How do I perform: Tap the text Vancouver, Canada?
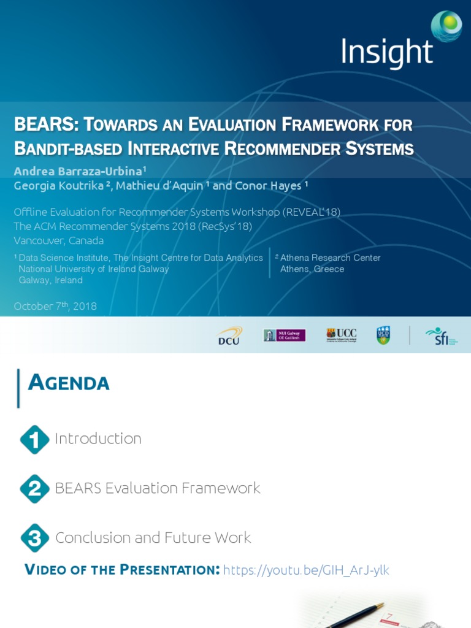click(59, 240)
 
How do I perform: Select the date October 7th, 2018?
click(55, 306)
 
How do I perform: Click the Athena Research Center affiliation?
click(330, 258)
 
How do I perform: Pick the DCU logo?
click(230, 335)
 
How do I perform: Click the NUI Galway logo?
click(284, 335)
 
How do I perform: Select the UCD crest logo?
click(383, 335)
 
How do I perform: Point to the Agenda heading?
click(69, 383)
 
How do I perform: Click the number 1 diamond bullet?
click(34, 439)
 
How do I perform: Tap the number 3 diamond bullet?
click(34, 538)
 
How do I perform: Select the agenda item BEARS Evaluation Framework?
click(158, 488)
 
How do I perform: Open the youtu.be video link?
click(306, 570)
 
